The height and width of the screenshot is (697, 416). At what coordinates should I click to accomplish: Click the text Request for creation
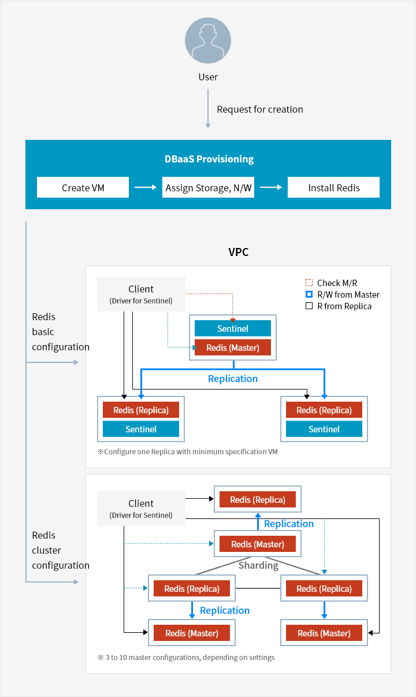tap(259, 109)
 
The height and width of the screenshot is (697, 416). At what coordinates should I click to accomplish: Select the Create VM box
tap(83, 188)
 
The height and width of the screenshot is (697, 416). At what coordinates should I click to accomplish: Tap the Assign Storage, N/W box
tap(208, 188)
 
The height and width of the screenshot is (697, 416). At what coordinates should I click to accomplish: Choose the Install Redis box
tap(333, 188)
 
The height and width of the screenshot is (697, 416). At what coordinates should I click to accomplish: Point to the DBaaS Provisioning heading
tap(208, 159)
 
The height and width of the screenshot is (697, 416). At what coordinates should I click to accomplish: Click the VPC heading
tap(239, 252)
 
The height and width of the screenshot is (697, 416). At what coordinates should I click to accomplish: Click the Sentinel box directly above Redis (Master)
tap(233, 329)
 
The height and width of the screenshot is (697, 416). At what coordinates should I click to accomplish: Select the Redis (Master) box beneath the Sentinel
tap(233, 348)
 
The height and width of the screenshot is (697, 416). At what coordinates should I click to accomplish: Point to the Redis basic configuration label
tap(60, 332)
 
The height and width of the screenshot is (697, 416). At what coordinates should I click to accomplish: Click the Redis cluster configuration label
tap(60, 550)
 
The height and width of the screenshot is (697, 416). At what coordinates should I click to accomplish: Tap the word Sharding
tap(258, 565)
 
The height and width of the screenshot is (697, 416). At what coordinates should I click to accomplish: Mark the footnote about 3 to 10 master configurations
tap(186, 657)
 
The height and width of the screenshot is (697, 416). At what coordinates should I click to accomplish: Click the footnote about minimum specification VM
tap(187, 451)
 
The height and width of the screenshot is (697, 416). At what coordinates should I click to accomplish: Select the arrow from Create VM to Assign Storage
tap(145, 187)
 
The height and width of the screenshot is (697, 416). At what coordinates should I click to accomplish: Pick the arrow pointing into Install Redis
tap(270, 187)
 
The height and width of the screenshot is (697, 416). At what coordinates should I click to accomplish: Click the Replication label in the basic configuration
tap(233, 379)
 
